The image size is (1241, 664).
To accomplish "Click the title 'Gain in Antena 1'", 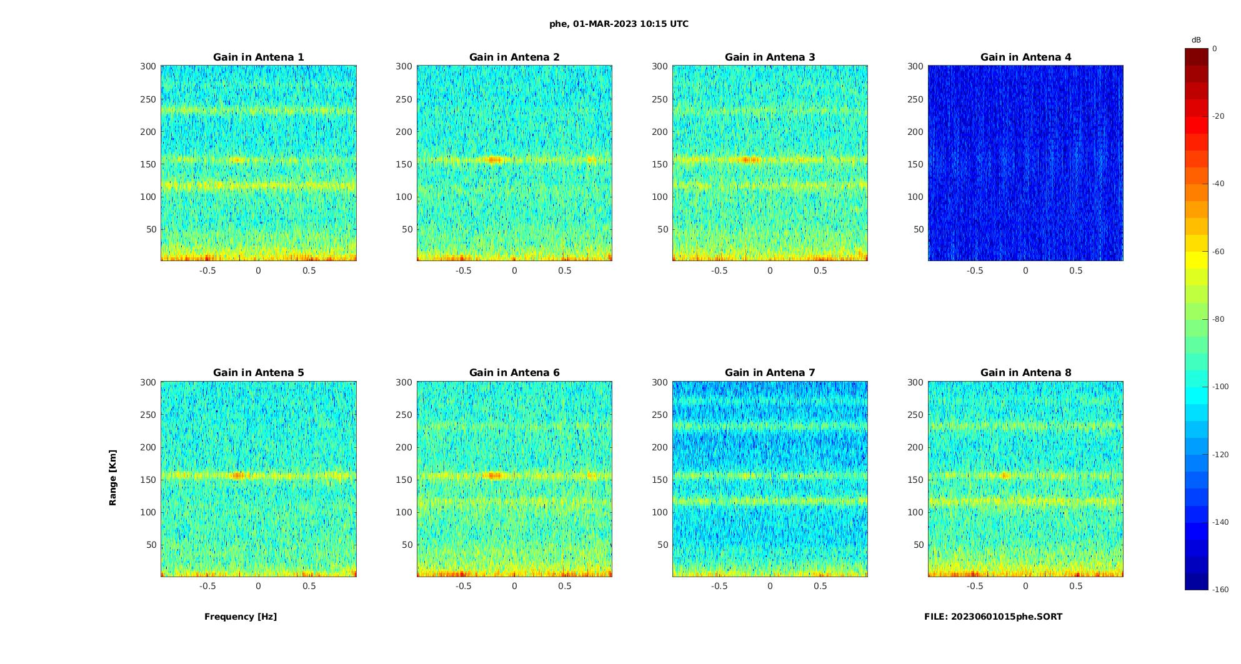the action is (258, 57).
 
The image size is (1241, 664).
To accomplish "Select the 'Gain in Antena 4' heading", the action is (1025, 57).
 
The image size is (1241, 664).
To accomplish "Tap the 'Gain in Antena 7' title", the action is (770, 373).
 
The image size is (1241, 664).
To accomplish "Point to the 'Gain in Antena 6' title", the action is (514, 373).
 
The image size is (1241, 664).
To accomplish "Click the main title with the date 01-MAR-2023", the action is (619, 24).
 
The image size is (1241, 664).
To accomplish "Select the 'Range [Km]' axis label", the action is (113, 478).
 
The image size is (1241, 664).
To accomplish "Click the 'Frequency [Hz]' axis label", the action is (241, 617).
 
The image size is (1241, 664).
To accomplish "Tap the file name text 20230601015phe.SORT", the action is (993, 617).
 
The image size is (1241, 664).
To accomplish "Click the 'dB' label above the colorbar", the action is (1196, 40).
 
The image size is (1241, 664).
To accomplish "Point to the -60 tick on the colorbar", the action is (1219, 252).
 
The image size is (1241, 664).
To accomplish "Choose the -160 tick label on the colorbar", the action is (1220, 590).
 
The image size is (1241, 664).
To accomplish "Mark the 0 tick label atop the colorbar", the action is (1215, 49).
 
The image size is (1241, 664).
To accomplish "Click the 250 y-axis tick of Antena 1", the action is (148, 99).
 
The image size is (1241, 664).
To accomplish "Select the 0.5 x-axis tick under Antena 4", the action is (1075, 270).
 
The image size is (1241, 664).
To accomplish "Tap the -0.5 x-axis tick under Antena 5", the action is (207, 586).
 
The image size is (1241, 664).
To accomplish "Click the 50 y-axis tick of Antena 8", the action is (918, 545).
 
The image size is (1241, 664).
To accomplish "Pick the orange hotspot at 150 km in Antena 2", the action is (494, 160).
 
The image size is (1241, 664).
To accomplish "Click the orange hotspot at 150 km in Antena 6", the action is (494, 475).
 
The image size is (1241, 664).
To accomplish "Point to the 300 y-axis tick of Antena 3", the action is (660, 66).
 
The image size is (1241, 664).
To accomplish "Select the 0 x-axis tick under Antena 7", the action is (770, 586).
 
